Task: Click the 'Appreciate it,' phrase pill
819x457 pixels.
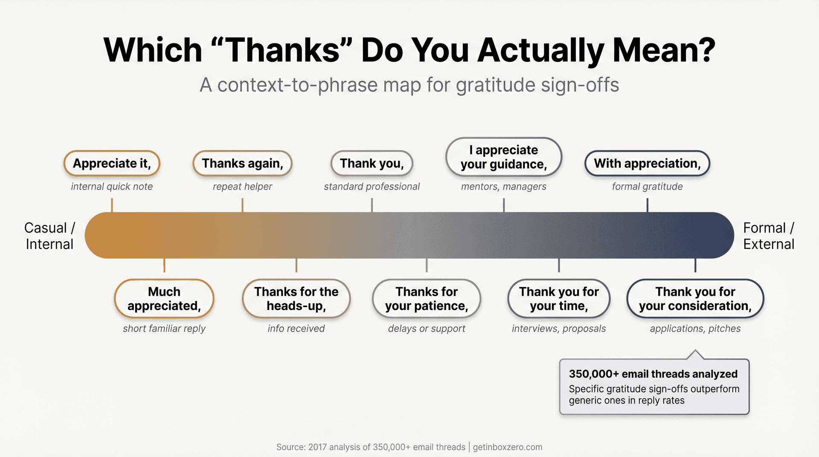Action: pos(112,163)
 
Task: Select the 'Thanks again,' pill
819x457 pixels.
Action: pos(242,163)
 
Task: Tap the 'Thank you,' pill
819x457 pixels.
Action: pos(372,163)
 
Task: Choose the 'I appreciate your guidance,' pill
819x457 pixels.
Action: pos(504,157)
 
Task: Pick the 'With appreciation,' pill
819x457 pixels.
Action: pos(647,163)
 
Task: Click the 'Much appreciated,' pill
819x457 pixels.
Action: pos(164,298)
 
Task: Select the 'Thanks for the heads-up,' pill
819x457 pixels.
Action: pos(296,298)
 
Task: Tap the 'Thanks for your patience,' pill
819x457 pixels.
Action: pos(427,298)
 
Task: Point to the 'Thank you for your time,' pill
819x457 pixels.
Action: pos(559,298)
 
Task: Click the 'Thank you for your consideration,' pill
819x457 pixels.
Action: pos(695,298)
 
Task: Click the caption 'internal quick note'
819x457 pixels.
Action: pos(112,186)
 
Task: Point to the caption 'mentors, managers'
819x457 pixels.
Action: pos(504,186)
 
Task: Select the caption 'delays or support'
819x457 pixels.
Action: pos(427,328)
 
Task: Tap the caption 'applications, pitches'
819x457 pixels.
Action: pos(695,328)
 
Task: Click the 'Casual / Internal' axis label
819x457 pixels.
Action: pos(49,236)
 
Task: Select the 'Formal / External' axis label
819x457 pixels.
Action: pos(769,236)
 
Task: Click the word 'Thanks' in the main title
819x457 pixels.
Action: pos(282,50)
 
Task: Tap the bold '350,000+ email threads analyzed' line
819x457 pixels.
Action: pos(653,374)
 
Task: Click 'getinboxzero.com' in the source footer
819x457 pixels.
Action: pos(508,447)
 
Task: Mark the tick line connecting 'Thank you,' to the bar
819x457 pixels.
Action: pos(372,205)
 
